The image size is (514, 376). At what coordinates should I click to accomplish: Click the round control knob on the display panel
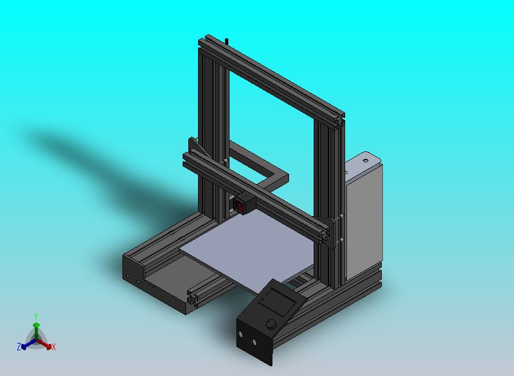[271, 325]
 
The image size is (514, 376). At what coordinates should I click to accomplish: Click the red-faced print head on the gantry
[242, 205]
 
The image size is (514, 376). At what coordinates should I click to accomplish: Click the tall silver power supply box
[364, 217]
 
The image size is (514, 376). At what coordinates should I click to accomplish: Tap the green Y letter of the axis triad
[36, 316]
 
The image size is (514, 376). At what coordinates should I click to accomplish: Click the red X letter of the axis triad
[53, 347]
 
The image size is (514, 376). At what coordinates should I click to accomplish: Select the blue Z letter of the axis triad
[19, 346]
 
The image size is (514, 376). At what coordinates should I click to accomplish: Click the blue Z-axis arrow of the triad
[27, 344]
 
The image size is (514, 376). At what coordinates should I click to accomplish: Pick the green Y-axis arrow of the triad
[36, 329]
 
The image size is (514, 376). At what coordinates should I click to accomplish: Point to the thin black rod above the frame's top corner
[227, 41]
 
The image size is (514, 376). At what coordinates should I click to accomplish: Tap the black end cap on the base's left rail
[133, 271]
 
